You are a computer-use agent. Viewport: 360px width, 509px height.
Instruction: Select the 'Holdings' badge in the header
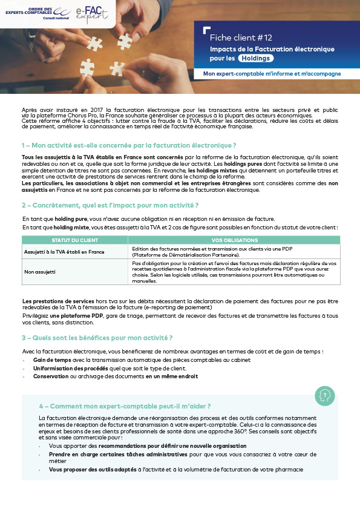coord(255,58)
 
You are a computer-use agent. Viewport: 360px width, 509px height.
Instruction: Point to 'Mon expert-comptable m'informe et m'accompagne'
coord(272,74)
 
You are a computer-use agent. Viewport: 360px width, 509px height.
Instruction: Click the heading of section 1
coord(128,145)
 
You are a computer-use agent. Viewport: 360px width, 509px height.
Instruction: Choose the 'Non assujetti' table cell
coord(39,272)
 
